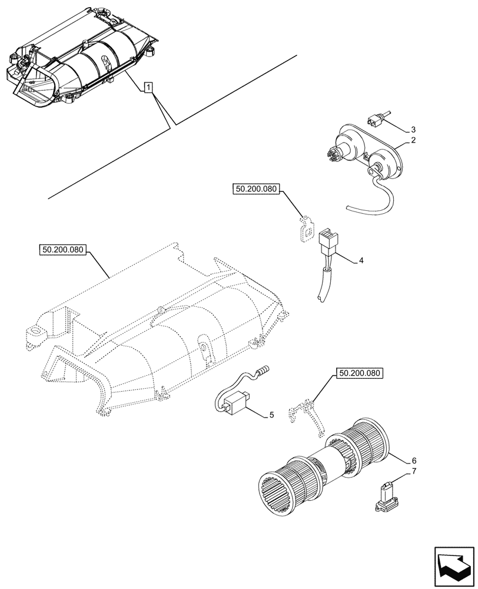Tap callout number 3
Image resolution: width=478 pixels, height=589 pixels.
click(413, 129)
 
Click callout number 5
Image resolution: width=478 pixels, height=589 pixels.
click(271, 415)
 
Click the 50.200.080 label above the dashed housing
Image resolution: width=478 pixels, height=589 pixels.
click(64, 250)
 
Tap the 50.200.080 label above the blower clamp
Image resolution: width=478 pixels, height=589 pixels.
click(360, 373)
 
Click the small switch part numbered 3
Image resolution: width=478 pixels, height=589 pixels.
click(375, 121)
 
